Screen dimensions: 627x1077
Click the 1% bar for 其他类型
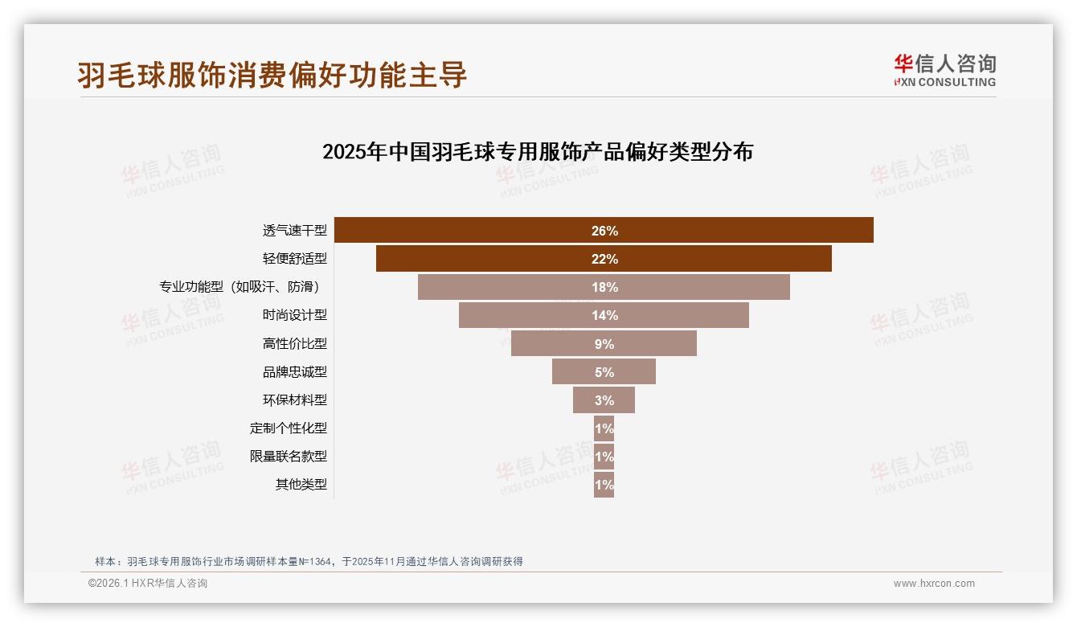[604, 485]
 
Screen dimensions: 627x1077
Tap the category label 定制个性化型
[289, 428]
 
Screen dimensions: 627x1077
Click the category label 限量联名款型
[289, 457]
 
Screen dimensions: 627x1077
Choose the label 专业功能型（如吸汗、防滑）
[244, 287]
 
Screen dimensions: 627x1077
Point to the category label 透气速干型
[295, 231]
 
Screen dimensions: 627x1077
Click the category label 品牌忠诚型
[295, 372]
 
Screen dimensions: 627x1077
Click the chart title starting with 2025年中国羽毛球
[537, 151]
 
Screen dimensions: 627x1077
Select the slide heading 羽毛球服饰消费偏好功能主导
[272, 75]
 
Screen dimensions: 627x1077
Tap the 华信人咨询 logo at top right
[944, 70]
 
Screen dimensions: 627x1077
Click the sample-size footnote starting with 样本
[309, 561]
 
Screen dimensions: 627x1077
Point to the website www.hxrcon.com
[933, 584]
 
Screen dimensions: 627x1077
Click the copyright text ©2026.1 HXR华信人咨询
[148, 584]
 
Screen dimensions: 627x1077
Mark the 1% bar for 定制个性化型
[604, 428]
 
